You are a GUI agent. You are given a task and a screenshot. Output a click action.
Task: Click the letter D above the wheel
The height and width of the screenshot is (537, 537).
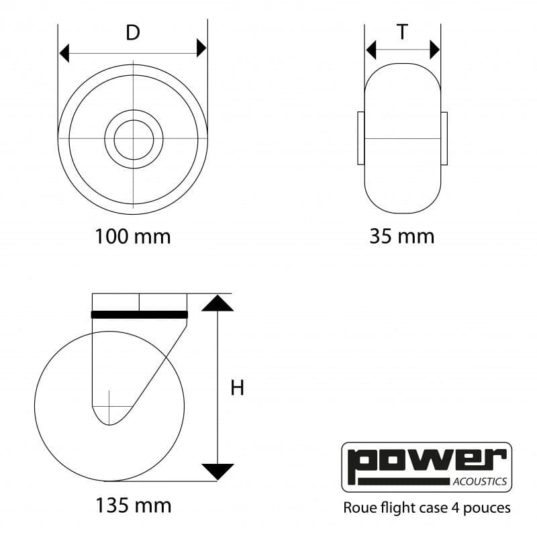[x=133, y=32]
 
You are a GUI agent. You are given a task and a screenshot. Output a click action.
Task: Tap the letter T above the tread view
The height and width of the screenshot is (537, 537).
[x=402, y=32]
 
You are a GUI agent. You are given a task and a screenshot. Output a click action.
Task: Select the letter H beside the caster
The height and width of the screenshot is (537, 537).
[x=238, y=388]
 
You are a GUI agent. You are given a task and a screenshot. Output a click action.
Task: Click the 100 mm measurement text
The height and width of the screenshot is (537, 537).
[x=132, y=236]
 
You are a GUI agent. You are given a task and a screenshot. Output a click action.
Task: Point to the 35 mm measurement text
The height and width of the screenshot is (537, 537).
[x=402, y=236]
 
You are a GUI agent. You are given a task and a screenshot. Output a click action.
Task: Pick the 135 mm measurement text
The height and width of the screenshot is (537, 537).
[x=133, y=505]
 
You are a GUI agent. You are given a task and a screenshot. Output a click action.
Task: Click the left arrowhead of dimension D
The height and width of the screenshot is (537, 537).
[x=64, y=54]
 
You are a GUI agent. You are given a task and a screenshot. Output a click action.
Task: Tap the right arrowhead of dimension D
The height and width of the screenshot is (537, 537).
[x=202, y=48]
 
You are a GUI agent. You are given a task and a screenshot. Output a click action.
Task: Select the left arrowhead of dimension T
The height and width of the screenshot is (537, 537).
[x=371, y=50]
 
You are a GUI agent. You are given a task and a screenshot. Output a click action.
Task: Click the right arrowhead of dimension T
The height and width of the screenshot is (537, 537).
[x=434, y=50]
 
